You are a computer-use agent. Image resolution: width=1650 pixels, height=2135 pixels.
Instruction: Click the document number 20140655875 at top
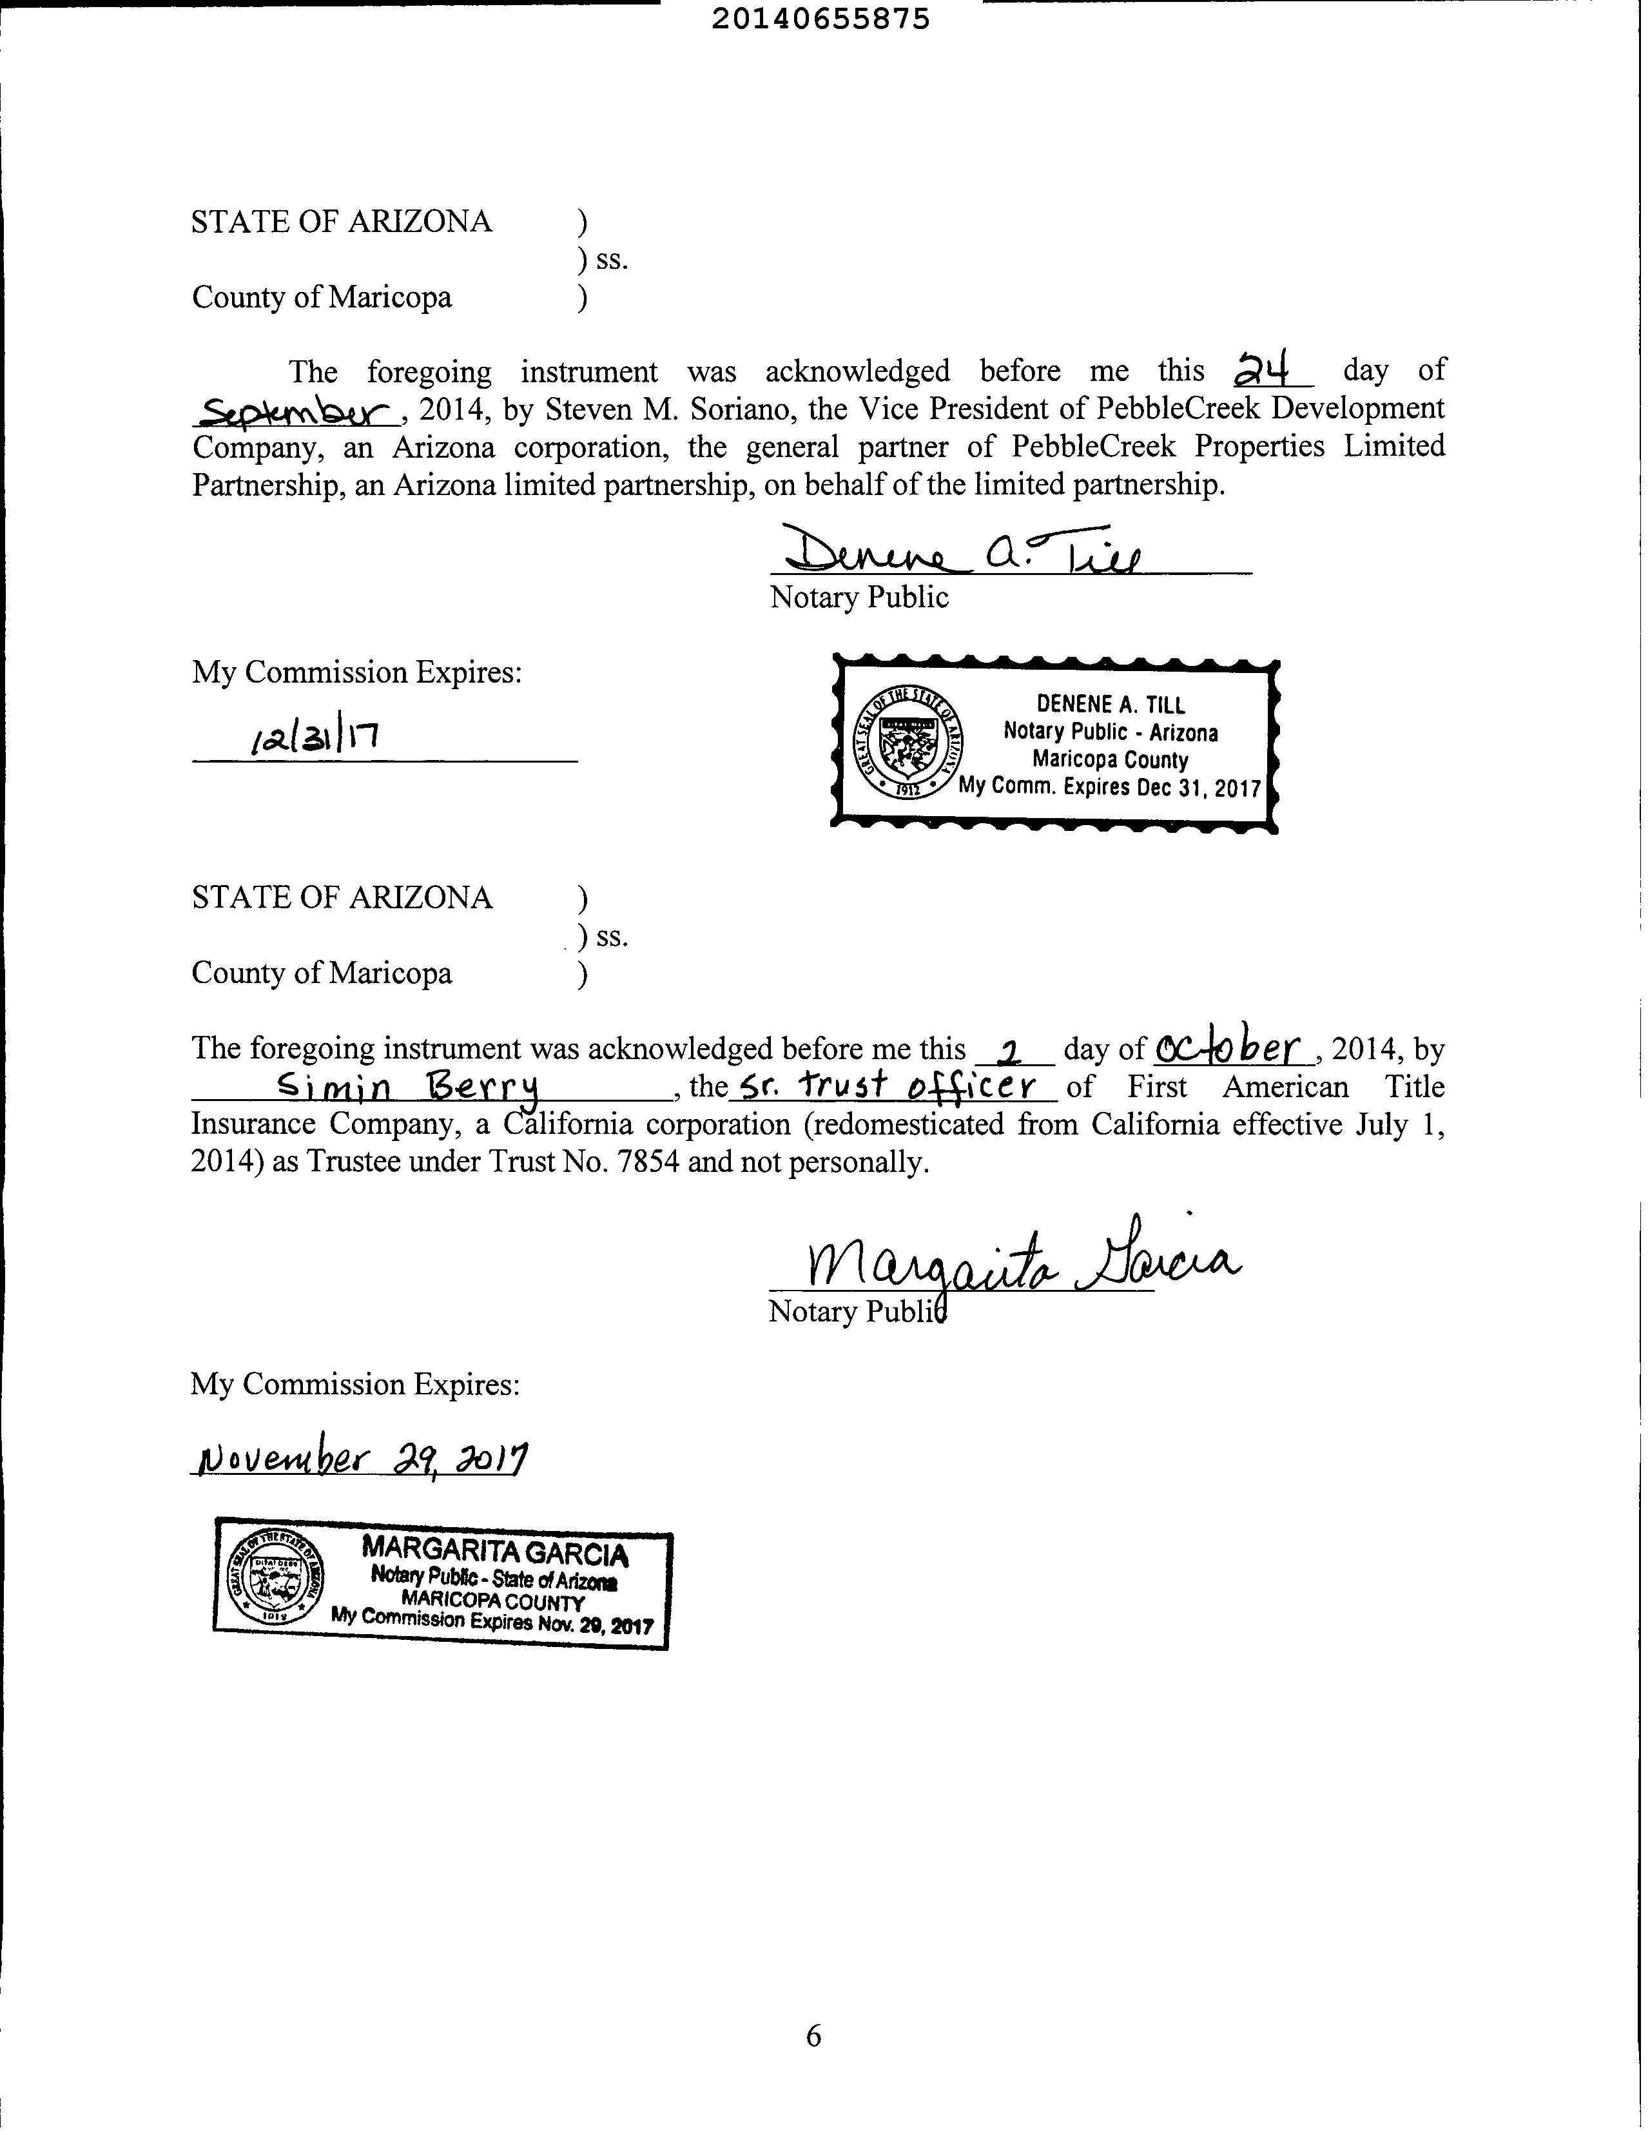click(820, 19)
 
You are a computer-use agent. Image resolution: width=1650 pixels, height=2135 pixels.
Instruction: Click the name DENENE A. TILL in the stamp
click(1111, 704)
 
